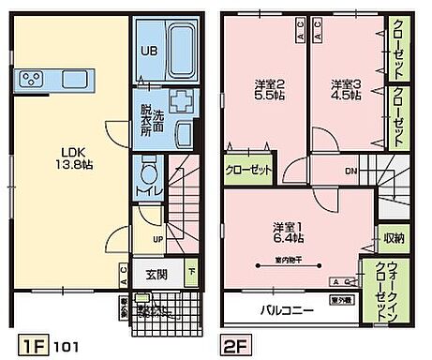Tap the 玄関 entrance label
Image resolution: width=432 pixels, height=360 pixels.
click(156, 275)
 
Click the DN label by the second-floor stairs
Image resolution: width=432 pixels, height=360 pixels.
click(350, 172)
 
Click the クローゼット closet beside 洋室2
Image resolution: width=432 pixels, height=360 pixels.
click(247, 171)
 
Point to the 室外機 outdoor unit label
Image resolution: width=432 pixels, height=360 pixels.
click(340, 301)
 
